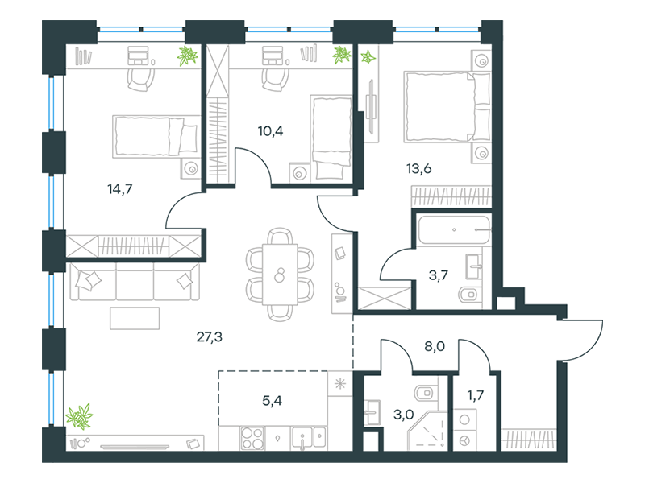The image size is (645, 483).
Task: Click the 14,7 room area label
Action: coord(119,189)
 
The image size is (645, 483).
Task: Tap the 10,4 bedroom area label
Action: coord(270,131)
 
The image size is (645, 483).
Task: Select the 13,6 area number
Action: coord(418,168)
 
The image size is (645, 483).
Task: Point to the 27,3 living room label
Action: coord(210,336)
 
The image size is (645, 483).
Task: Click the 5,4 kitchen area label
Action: coord(272,400)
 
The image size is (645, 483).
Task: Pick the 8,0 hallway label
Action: coord(435,347)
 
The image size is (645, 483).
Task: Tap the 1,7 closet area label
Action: coord(475,395)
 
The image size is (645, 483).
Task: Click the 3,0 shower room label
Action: coord(404,415)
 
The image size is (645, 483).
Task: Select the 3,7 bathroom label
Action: coord(438,275)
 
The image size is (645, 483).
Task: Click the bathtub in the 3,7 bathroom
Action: coord(454,230)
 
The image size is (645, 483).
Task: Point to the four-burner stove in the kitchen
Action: coord(252,438)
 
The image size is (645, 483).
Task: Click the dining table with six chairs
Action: coord(280,275)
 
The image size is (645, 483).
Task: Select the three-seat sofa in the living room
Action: coord(135,282)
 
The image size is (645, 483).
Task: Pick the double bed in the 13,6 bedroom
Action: coord(447,107)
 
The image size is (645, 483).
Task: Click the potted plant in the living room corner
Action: coord(79,416)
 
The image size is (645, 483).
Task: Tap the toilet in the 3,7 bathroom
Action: coord(469,295)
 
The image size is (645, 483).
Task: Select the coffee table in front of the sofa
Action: coord(135,318)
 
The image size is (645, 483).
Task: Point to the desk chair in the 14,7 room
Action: coord(140,79)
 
